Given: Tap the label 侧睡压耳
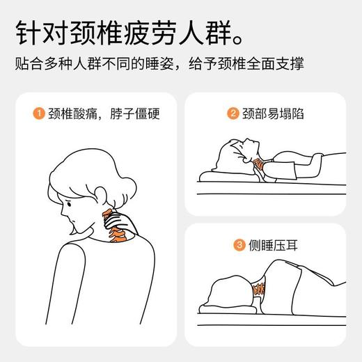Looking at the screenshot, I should click(x=271, y=244).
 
